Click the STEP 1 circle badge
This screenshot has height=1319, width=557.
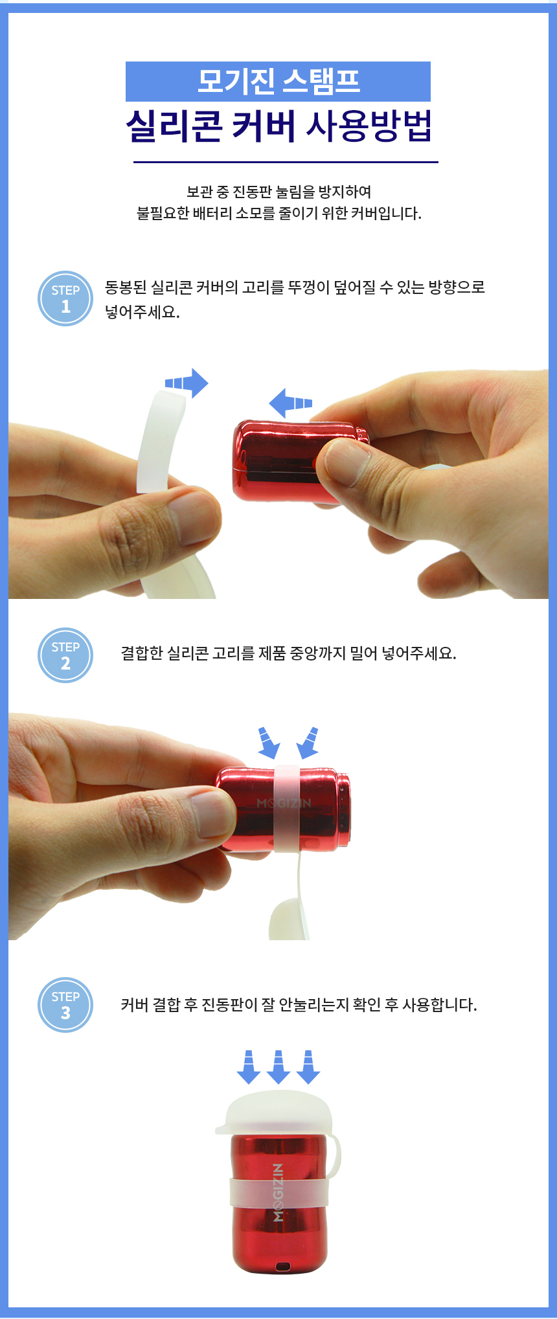coord(65,299)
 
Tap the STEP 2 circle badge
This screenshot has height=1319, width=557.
coord(65,655)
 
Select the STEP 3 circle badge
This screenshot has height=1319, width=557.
coord(65,1005)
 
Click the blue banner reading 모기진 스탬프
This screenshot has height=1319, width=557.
coord(278,82)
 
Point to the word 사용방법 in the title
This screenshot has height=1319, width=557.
coord(369,126)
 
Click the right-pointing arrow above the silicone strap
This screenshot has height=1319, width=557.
coord(187,383)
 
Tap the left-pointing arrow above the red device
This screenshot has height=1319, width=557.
coord(290,403)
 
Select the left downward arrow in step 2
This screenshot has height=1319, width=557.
coord(267,742)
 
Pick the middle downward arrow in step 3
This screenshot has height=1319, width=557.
coord(278,1067)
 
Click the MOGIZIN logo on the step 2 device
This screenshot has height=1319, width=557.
coord(284,804)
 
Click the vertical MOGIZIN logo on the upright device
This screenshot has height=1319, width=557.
coord(278,1192)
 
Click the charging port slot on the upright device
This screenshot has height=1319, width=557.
coord(282,1267)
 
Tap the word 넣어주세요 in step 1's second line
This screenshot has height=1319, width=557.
coord(142,312)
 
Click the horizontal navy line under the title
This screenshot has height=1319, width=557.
coord(286,162)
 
